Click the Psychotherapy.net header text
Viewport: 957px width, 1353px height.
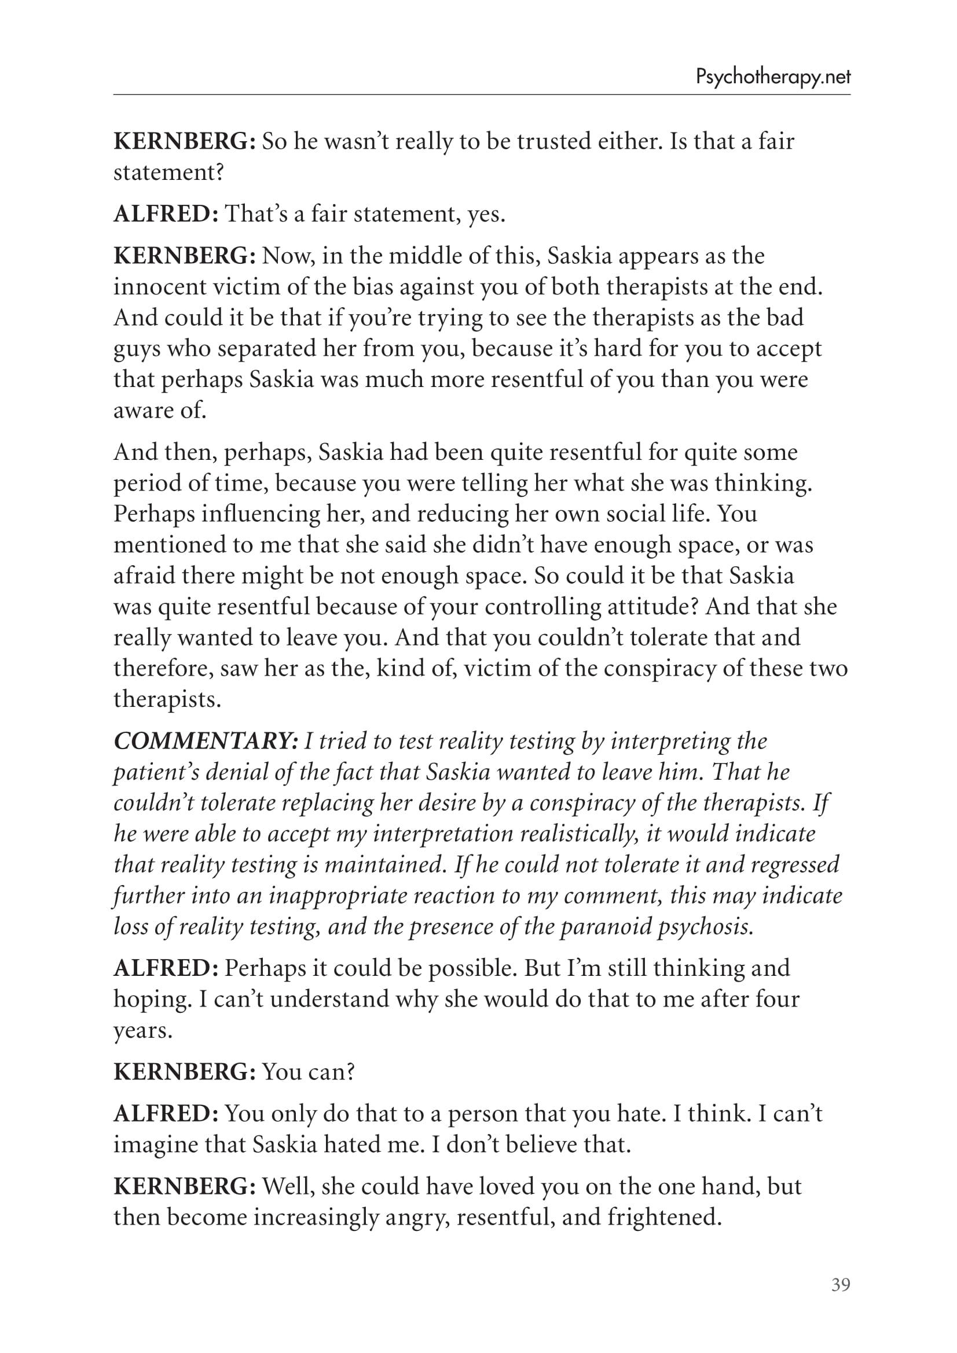[x=773, y=77]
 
